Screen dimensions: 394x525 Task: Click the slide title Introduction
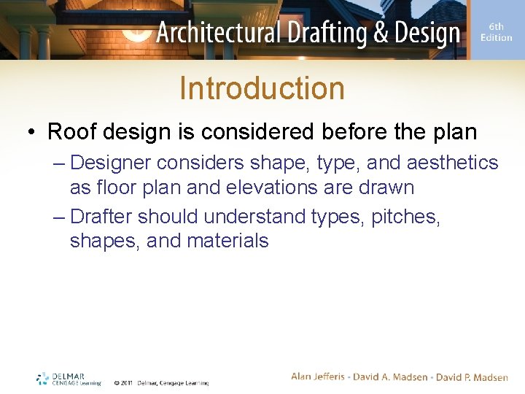click(262, 88)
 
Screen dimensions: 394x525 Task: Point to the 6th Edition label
click(496, 32)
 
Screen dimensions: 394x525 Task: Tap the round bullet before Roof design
click(32, 132)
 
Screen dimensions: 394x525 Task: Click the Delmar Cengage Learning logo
click(69, 379)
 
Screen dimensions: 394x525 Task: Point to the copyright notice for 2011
click(161, 382)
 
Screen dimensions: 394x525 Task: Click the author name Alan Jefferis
click(320, 376)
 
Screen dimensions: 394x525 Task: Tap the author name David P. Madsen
click(472, 376)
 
